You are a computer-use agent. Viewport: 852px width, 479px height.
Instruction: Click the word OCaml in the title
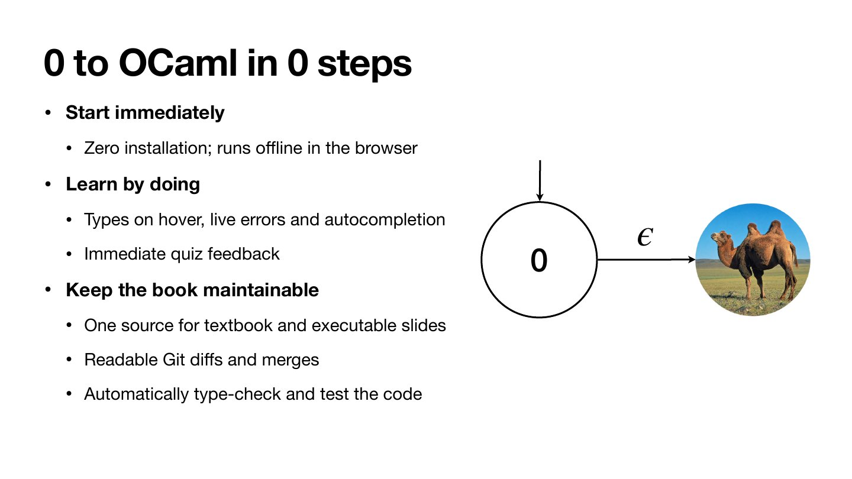coord(178,63)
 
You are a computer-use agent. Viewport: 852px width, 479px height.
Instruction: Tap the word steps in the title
coord(364,64)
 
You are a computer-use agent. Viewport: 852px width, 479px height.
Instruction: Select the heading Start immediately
coord(145,112)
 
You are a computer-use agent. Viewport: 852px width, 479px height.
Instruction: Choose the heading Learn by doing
coord(133,185)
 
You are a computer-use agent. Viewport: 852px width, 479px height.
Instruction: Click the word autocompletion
coord(385,220)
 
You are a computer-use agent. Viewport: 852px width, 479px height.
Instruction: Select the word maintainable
coord(260,290)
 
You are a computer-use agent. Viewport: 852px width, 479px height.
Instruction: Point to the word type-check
coord(237,394)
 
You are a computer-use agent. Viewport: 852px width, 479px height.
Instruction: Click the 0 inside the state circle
coord(539,260)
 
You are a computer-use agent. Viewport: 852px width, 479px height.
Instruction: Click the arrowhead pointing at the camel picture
coord(692,260)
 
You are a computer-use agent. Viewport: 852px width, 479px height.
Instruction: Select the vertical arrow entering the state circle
coord(540,180)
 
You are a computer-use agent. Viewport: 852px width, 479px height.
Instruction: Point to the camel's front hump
coord(753,231)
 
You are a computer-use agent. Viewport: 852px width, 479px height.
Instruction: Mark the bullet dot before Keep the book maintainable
coord(48,290)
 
